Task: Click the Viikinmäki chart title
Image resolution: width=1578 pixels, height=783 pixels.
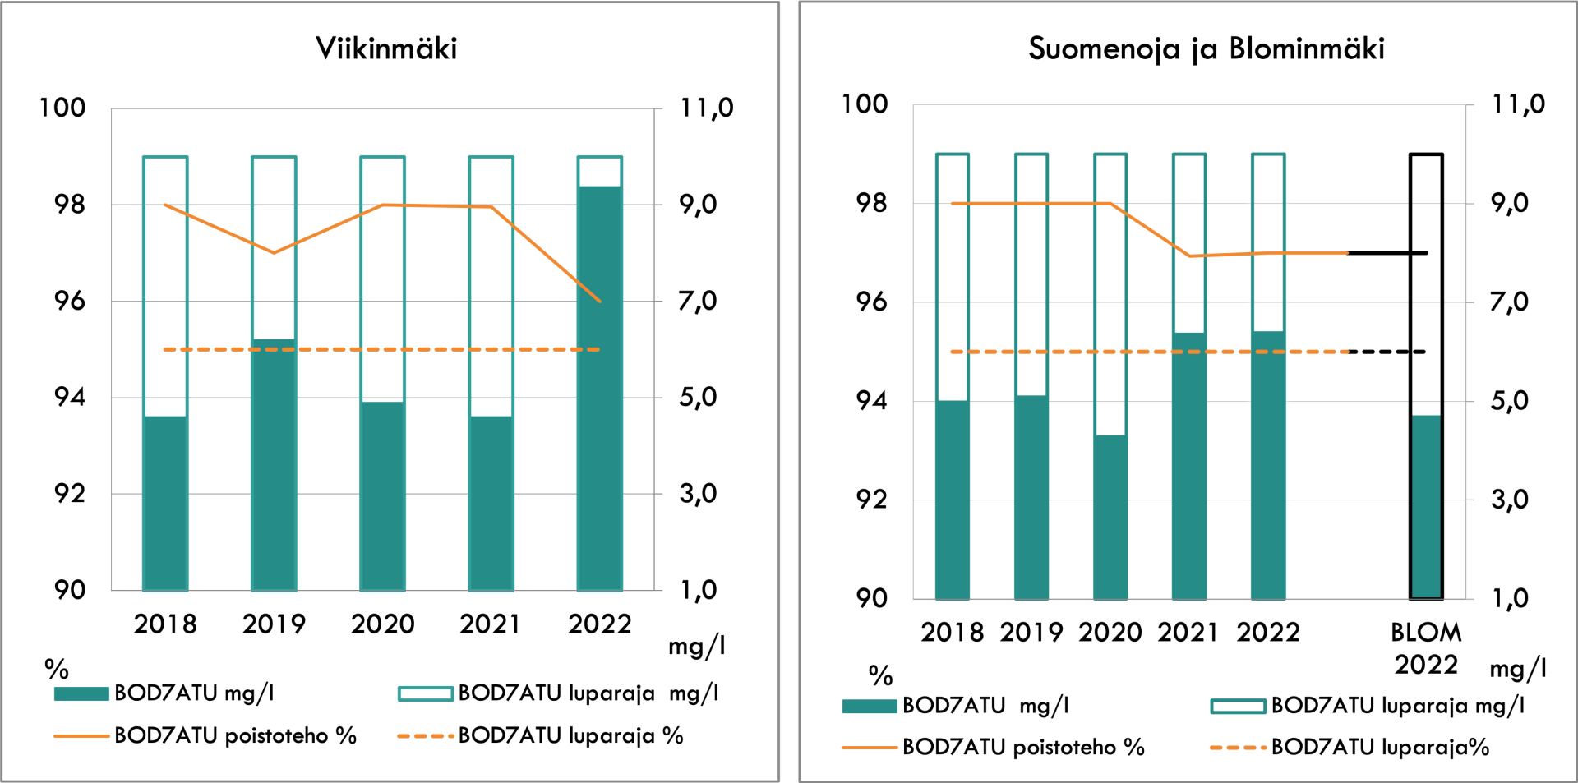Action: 386,48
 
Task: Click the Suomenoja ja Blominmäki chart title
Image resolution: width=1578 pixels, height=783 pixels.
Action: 1206,48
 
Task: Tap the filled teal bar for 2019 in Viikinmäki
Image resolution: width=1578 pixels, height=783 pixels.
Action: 274,465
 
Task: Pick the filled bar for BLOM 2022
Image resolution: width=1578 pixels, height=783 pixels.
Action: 1426,506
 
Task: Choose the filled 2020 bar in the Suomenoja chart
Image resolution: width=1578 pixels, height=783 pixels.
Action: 1110,517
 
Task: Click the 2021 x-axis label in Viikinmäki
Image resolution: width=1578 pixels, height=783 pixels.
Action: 491,624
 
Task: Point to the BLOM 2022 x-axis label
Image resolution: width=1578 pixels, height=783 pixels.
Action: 1426,648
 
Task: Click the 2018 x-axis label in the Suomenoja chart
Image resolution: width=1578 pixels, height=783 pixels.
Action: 952,633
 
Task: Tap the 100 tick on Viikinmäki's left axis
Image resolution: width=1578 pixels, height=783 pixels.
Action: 62,108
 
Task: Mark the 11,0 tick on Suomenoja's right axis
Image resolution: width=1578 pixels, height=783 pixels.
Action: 1518,104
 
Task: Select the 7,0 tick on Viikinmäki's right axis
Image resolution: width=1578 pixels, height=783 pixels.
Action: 697,302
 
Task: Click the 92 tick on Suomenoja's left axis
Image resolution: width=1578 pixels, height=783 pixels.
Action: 871,500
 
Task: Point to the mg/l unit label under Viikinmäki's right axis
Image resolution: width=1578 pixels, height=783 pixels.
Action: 696,647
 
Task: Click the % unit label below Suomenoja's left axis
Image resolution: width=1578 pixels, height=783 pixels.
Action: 880,676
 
